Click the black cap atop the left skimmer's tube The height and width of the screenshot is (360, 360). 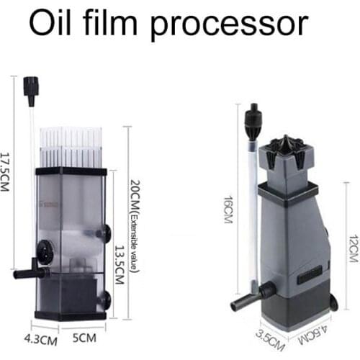(x=30, y=87)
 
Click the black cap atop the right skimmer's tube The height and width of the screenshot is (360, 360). (x=252, y=115)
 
